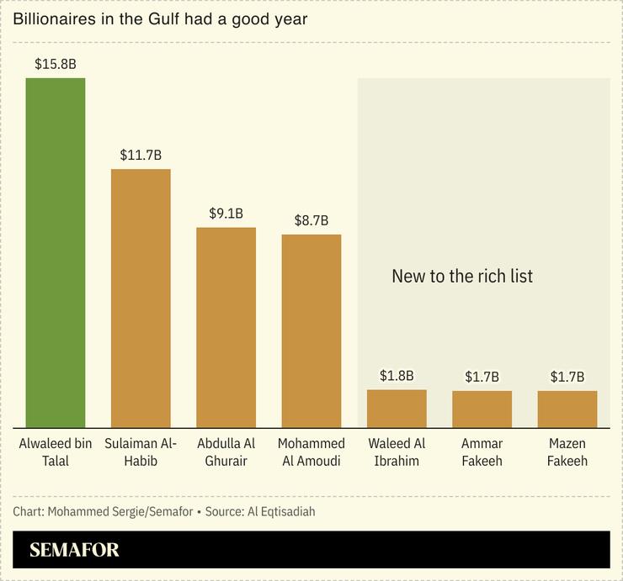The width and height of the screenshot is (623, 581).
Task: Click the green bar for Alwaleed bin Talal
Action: click(56, 252)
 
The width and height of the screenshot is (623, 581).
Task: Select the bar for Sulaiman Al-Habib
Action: click(141, 298)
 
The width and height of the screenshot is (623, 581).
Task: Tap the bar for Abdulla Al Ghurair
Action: click(226, 328)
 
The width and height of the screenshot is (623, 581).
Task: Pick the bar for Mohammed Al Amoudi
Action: click(311, 330)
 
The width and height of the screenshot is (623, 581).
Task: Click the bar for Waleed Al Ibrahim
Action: click(397, 408)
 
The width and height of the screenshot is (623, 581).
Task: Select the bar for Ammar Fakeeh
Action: click(482, 409)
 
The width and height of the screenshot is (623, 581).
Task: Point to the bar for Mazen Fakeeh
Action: click(567, 409)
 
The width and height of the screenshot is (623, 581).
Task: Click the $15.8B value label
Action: click(56, 63)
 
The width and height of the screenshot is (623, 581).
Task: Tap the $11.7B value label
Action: click(141, 155)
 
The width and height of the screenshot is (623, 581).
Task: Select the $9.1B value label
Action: click(226, 213)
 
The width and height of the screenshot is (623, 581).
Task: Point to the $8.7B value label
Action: click(311, 220)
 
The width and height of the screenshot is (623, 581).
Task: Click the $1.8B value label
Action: click(397, 375)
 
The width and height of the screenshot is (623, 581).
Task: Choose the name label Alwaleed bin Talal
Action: click(56, 452)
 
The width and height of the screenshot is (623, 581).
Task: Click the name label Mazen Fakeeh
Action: click(567, 452)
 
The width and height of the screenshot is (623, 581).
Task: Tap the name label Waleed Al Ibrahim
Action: click(397, 452)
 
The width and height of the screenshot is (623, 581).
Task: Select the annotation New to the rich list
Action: click(462, 276)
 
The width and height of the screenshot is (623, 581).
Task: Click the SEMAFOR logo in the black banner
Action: click(74, 551)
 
